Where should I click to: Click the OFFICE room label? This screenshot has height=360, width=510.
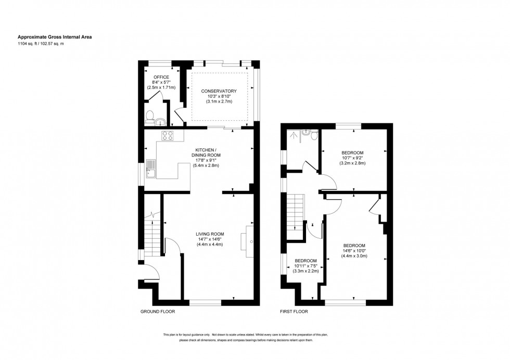click(161, 77)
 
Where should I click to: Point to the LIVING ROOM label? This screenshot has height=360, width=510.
click(210, 234)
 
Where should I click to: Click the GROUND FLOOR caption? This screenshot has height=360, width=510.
click(157, 312)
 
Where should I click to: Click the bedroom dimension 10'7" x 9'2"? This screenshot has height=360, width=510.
click(353, 158)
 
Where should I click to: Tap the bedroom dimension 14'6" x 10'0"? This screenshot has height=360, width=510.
click(354, 251)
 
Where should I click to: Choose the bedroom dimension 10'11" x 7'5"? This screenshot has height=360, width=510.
click(306, 266)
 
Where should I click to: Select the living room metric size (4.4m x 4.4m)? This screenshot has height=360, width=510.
click(210, 244)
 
